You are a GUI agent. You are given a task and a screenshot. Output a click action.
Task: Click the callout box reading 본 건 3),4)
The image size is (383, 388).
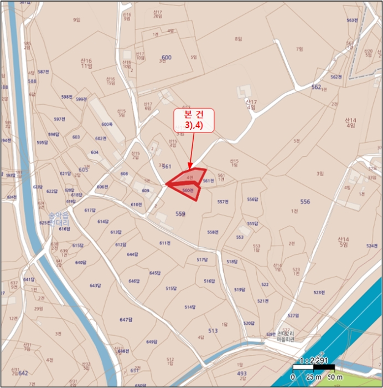pyautogui.click(x=193, y=120)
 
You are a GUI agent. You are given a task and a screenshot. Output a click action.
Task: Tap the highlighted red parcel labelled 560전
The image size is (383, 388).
pyautogui.click(x=189, y=190)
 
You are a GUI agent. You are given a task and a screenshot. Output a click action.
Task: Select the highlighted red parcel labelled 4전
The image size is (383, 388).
pyautogui.click(x=190, y=177)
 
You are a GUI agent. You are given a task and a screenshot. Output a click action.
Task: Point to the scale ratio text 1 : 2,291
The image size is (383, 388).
pyautogui.click(x=314, y=361)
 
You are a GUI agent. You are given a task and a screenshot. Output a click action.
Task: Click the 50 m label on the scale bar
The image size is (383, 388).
pyautogui.click(x=334, y=377)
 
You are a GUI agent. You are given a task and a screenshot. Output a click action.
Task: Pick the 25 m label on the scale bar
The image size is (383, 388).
pyautogui.click(x=314, y=377)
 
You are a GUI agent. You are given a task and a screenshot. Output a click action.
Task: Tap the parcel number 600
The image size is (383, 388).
pyautogui.click(x=167, y=58)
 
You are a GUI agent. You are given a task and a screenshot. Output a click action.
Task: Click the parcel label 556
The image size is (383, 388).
pyautogui.click(x=305, y=202)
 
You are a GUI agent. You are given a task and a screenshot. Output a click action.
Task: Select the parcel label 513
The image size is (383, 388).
pyautogui.click(x=213, y=330)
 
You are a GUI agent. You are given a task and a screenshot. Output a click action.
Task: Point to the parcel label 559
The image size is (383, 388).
pyautogui.click(x=180, y=213)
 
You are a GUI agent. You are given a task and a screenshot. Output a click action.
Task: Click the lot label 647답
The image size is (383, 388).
pyautogui.click(x=126, y=320)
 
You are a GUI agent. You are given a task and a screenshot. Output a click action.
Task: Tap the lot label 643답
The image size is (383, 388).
pyautogui.click(x=95, y=285)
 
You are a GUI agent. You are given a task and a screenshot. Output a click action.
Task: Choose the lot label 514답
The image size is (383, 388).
pyautogui.click(x=190, y=307)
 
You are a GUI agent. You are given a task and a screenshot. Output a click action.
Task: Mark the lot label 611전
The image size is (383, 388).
pyautogui.click(x=165, y=243)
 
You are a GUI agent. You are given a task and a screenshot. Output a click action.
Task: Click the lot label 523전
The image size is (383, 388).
pyautogui.click(x=318, y=292)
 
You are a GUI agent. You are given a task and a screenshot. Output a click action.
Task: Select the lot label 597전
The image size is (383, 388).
pyautogui.click(x=59, y=119)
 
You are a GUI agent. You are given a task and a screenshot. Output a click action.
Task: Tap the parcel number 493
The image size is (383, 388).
pyautogui.click(x=242, y=374)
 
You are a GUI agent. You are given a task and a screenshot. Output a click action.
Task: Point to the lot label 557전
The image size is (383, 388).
pyautogui.click(x=222, y=202)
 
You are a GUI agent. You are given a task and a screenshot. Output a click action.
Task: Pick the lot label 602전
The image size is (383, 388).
pyautogui.click(x=100, y=139)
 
